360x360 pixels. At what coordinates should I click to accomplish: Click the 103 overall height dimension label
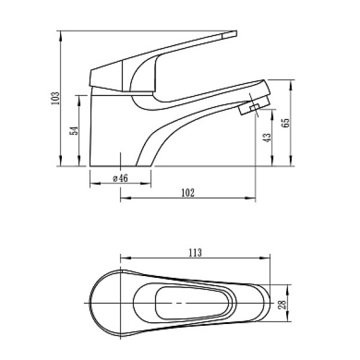[x=56, y=98]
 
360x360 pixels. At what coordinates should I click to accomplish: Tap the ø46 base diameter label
[x=121, y=178]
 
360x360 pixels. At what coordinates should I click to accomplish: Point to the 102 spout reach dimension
[x=188, y=193]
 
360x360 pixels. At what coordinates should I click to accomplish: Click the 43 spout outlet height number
[x=268, y=137]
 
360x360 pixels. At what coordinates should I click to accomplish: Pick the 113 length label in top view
[x=194, y=252]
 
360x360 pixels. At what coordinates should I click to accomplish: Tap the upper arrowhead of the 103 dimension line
[x=62, y=32]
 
